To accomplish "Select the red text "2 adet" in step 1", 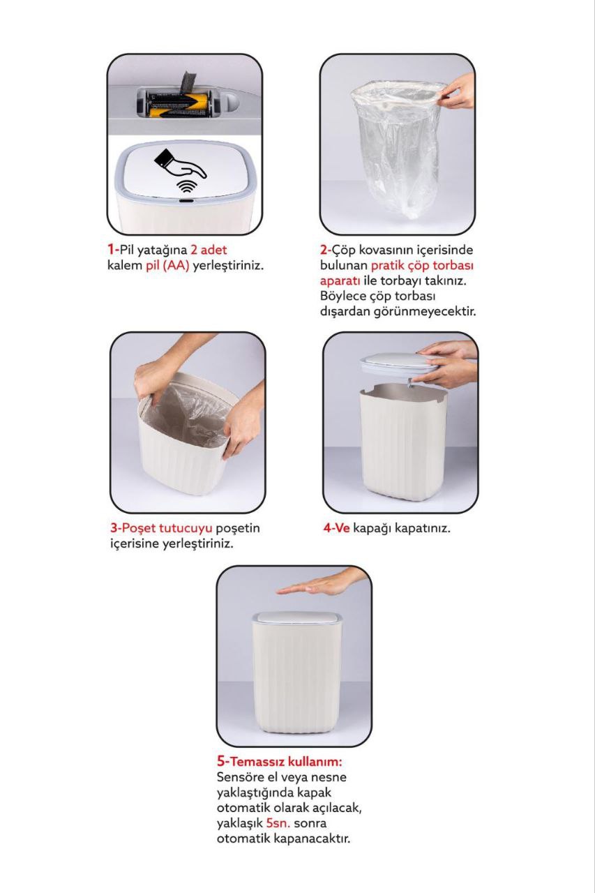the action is tap(209, 250).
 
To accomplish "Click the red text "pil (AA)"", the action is tap(167, 266).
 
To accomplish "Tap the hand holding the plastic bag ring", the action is tap(455, 93).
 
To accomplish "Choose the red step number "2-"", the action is tap(326, 250).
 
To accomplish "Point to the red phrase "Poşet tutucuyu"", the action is tap(167, 528).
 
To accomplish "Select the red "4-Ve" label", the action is tap(336, 528).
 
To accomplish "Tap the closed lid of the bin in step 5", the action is tap(297, 618).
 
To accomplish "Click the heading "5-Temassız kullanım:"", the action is tap(280, 762).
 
